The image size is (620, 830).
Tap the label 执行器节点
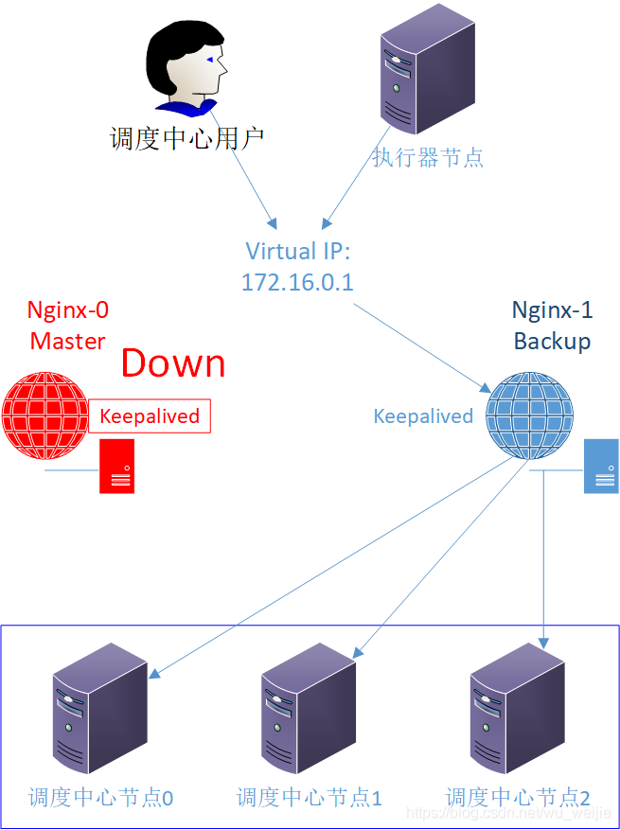(428, 157)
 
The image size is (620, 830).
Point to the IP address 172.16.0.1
(297, 282)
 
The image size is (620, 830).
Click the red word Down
(173, 363)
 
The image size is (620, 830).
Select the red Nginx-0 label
(67, 310)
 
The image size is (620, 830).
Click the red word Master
(67, 341)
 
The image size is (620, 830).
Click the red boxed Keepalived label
(150, 416)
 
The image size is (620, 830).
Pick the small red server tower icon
(117, 466)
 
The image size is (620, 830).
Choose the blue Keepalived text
(423, 416)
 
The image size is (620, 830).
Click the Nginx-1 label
(552, 310)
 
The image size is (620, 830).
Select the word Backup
(552, 341)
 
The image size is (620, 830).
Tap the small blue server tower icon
(601, 466)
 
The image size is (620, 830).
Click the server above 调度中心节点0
(99, 710)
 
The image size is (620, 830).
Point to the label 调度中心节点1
(310, 798)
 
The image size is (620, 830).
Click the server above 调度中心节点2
(517, 710)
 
